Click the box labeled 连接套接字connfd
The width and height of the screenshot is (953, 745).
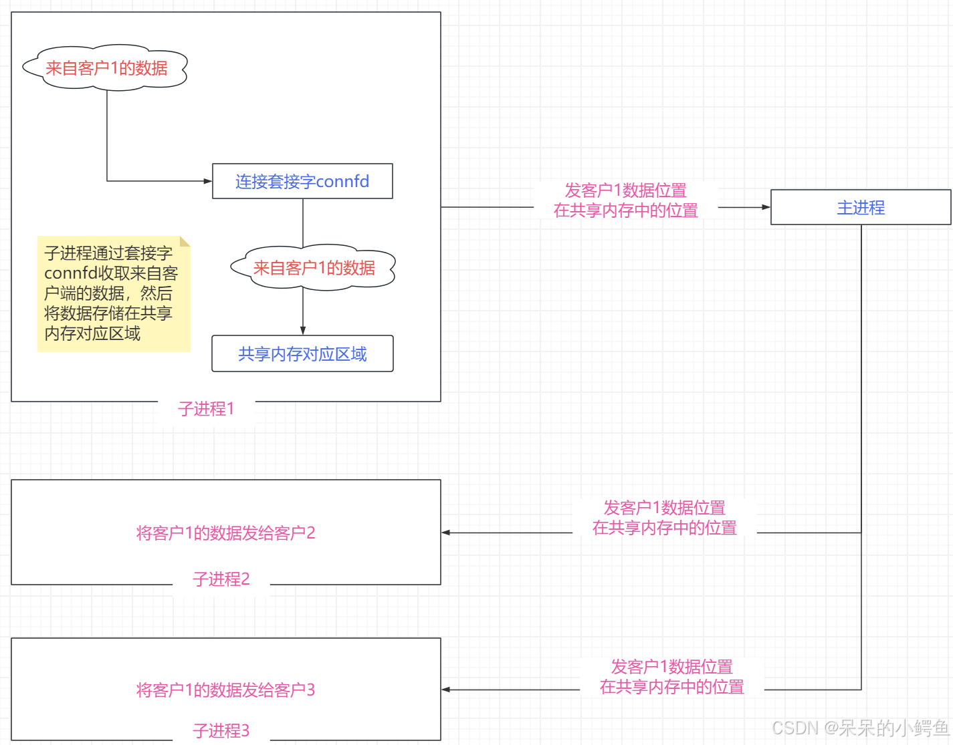click(x=302, y=181)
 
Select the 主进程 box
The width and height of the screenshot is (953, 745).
click(x=861, y=207)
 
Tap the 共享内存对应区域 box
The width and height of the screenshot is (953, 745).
click(x=302, y=353)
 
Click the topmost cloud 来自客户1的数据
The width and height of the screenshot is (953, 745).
click(x=106, y=67)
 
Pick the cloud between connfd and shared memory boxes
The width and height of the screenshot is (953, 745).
click(x=313, y=267)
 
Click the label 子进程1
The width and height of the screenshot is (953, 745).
click(x=206, y=408)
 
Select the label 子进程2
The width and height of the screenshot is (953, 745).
click(x=221, y=579)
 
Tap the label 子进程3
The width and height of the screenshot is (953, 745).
click(x=221, y=730)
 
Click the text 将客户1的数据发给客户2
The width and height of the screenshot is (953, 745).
click(x=225, y=533)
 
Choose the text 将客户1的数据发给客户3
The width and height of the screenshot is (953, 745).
click(x=225, y=690)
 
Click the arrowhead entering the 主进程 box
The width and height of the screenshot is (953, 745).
click(x=766, y=207)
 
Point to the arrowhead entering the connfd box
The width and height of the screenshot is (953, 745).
click(x=208, y=181)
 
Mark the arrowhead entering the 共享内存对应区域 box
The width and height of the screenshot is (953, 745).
click(x=303, y=331)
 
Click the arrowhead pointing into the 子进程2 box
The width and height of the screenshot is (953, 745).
click(x=446, y=533)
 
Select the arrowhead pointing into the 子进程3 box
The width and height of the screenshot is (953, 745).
click(x=446, y=690)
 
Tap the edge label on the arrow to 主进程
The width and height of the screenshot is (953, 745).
click(x=625, y=200)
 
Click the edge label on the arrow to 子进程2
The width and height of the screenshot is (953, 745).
click(x=664, y=517)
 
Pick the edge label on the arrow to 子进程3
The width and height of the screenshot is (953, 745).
click(x=671, y=676)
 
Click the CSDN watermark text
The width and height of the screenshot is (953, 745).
click(x=860, y=727)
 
